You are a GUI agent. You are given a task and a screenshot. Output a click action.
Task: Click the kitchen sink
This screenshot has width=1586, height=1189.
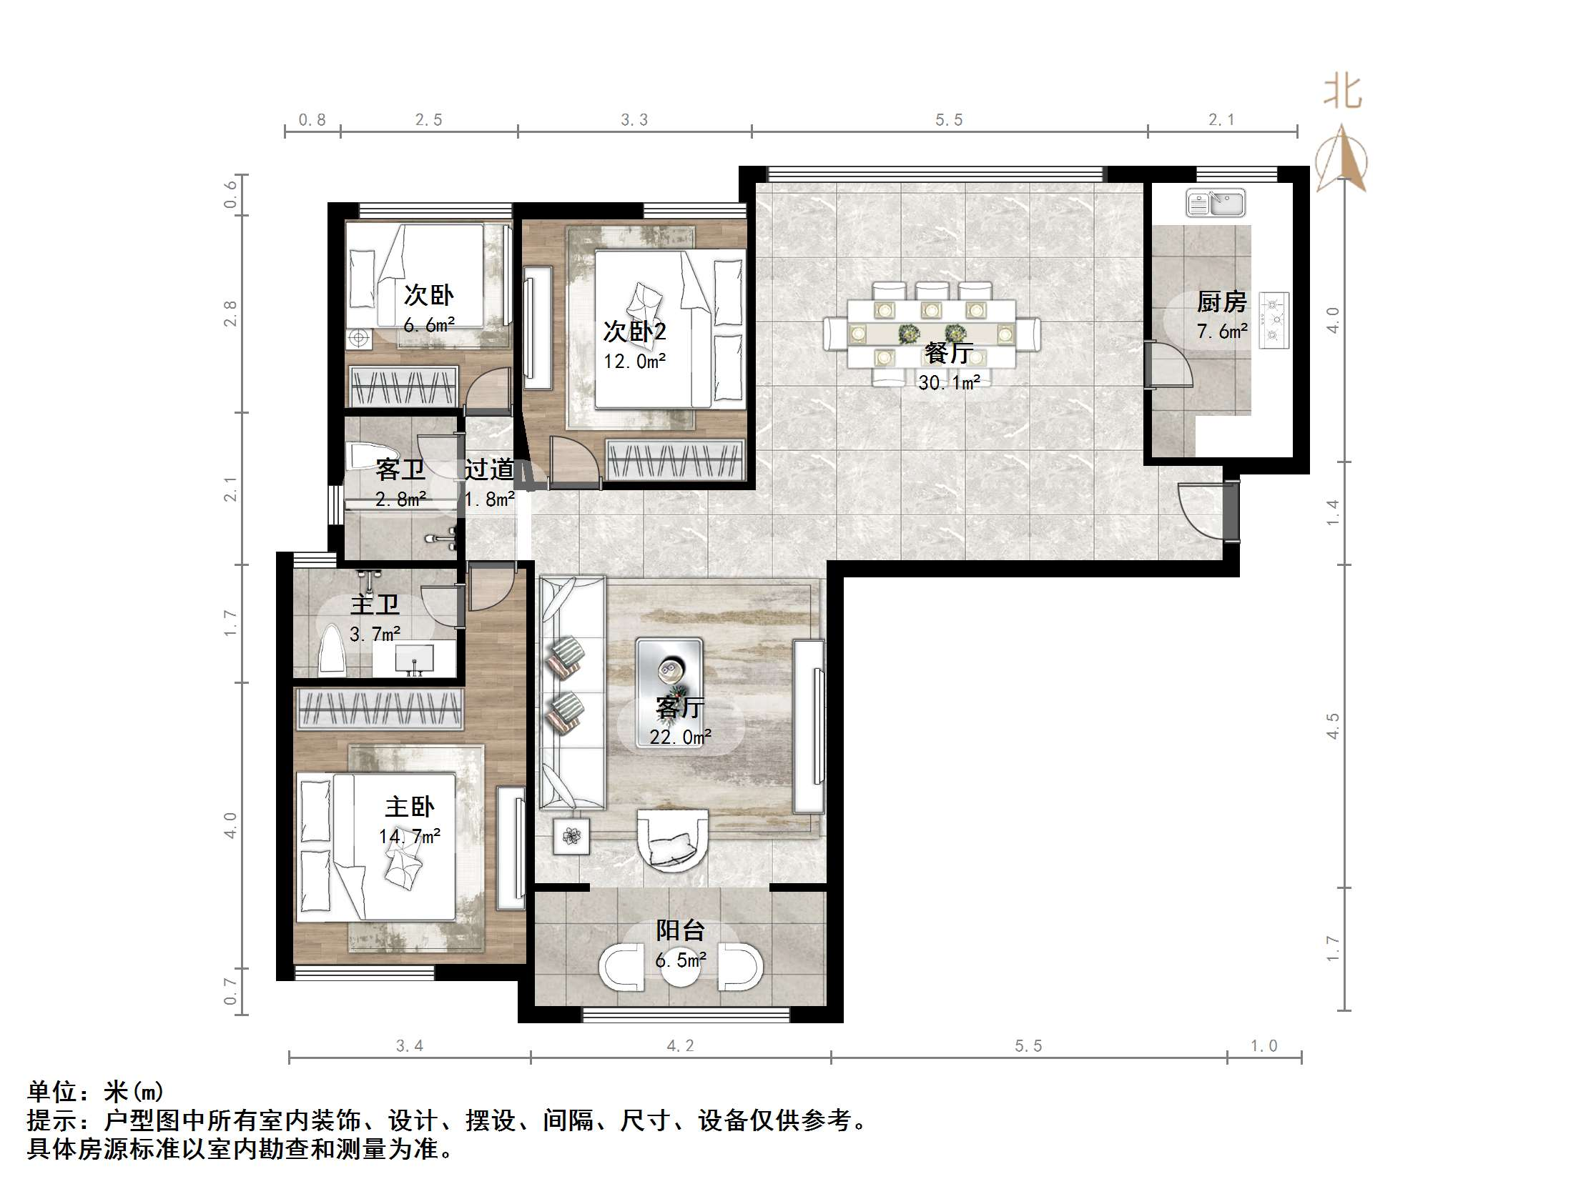point(1215,203)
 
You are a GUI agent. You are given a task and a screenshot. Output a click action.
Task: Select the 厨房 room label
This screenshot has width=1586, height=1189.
point(1222,302)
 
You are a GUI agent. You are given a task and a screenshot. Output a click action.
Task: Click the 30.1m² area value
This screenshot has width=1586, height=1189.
point(950,383)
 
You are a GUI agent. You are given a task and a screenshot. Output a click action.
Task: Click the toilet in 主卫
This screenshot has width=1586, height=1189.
point(332,650)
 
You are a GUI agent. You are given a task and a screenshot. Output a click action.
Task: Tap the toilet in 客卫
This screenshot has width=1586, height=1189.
point(363,456)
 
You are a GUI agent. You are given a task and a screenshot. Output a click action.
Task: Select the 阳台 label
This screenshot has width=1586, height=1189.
point(681,930)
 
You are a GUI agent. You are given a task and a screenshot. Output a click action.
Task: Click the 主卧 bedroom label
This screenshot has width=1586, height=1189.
point(410,807)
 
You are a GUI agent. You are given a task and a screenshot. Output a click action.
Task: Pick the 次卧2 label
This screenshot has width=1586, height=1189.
point(634,331)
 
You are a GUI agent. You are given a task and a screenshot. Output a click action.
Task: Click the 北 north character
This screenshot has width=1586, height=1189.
point(1342,92)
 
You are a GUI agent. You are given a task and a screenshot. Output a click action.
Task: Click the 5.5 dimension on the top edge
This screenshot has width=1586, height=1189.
point(949,120)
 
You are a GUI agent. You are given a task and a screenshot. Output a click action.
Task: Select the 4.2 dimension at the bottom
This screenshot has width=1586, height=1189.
point(681,1045)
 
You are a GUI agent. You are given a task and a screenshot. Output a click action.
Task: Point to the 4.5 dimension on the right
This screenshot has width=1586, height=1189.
point(1332,725)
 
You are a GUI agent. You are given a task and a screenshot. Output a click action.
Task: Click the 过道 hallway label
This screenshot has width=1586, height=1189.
point(489,469)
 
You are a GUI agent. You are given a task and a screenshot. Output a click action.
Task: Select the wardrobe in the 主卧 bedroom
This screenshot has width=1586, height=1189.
point(379,709)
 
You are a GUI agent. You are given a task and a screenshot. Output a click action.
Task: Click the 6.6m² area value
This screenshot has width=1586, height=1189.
point(429,325)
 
